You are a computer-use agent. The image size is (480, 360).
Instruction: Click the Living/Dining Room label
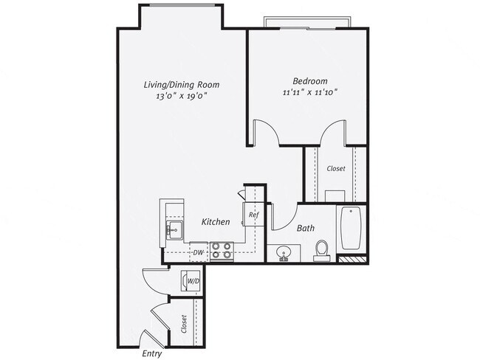pos(182,85)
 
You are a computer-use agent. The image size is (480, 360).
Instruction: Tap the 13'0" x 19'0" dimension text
pos(182,97)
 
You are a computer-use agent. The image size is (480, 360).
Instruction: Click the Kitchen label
pos(216,222)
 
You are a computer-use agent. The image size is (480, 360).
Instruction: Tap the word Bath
pos(306,229)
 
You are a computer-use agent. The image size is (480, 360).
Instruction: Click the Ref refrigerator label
pos(253,215)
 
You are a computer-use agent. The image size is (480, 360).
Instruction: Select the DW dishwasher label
pos(198,253)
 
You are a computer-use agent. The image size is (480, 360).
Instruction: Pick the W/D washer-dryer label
pos(192,281)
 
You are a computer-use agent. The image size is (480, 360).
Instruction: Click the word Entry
pos(151,353)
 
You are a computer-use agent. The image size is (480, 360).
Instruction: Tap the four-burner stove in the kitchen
pos(222,251)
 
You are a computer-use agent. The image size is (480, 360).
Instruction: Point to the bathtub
pos(350,229)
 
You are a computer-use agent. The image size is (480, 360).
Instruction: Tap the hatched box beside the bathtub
pos(352,260)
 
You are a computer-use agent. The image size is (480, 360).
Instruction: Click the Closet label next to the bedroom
pos(336,169)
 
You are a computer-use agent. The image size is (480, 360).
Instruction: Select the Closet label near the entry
pos(183,325)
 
